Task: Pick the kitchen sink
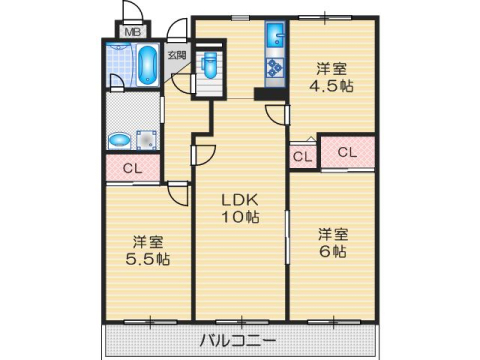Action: pyautogui.click(x=275, y=39)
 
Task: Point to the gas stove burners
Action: pyautogui.click(x=275, y=70)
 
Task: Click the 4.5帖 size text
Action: pyautogui.click(x=332, y=87)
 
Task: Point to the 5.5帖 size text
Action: pyautogui.click(x=148, y=259)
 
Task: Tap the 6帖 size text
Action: pyautogui.click(x=333, y=252)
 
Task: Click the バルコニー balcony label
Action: pyautogui.click(x=239, y=341)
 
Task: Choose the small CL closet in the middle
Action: pyautogui.click(x=302, y=156)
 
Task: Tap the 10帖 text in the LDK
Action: pyautogui.click(x=240, y=217)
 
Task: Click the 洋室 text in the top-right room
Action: pyautogui.click(x=332, y=68)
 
